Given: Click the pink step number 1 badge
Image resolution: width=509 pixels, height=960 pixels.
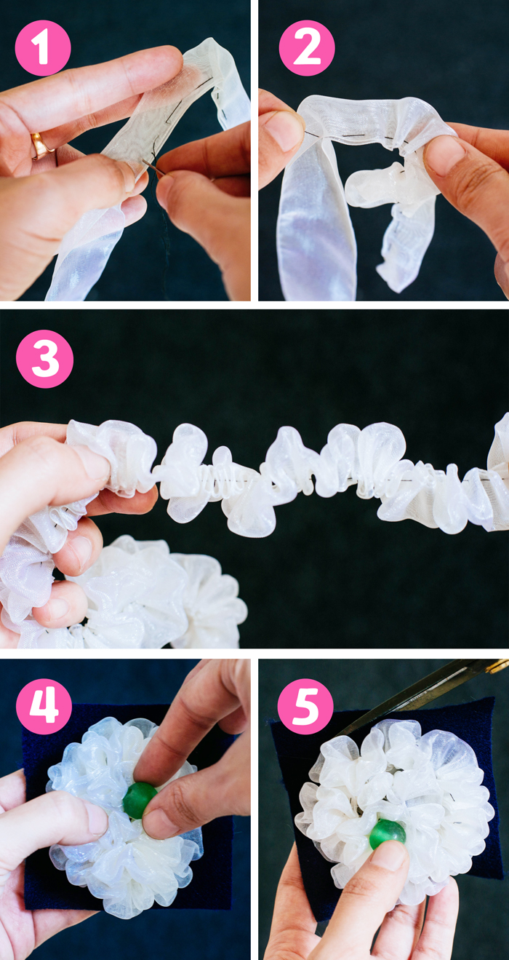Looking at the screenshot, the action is [x=43, y=48].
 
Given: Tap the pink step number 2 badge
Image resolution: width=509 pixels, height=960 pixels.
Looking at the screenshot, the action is [x=307, y=48].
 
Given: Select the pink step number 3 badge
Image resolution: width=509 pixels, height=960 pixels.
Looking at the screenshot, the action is [x=44, y=359].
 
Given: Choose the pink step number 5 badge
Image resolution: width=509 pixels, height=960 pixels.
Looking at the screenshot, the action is [x=305, y=707].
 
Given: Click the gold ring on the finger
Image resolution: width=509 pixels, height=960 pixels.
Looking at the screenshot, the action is [x=41, y=146].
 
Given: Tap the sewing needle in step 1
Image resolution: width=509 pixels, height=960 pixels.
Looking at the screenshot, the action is [x=153, y=167].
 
